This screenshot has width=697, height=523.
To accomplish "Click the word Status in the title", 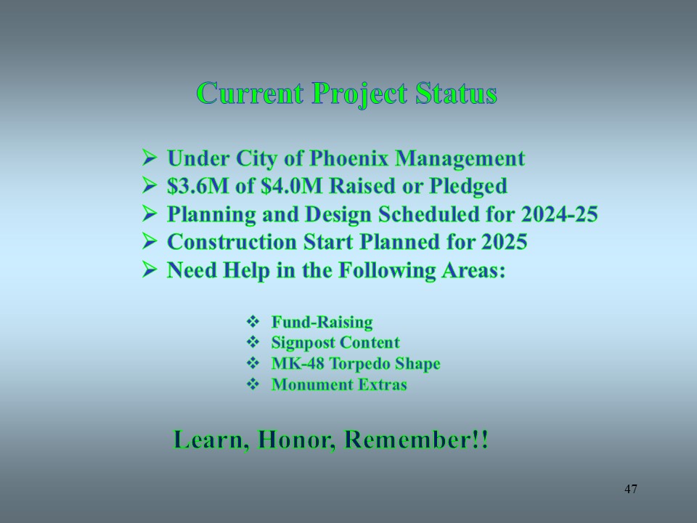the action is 457,94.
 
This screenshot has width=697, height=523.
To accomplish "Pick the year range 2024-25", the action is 559,214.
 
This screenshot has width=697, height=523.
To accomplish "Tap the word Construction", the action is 232,242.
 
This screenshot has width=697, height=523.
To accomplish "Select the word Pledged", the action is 468,187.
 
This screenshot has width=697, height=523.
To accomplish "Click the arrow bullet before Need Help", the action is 150,269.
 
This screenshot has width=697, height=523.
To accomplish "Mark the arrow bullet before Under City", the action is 150,157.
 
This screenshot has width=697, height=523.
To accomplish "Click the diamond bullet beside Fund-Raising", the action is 253,321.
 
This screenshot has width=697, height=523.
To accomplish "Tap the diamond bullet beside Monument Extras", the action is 253,384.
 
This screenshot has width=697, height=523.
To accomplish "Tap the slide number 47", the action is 631,489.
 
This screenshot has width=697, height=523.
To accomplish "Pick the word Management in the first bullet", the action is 460,159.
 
